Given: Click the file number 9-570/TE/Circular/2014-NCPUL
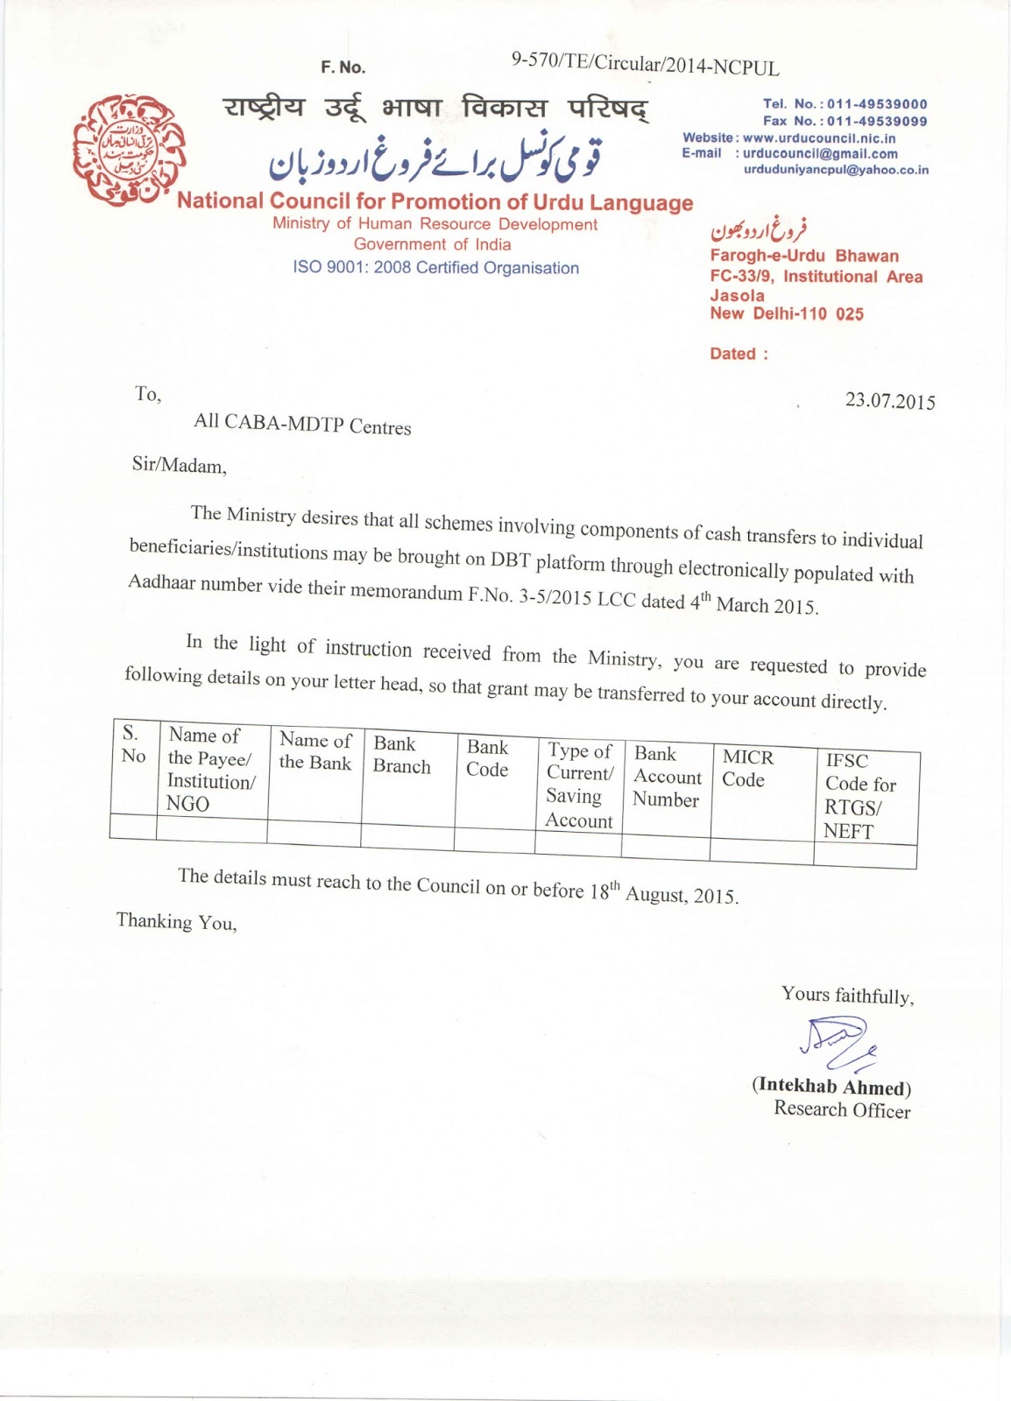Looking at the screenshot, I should coord(645,64).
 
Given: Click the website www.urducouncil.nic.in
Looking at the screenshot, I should coord(818,137).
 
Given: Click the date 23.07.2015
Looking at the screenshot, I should coord(889,401).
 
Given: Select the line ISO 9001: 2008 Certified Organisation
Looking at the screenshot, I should coord(435,268).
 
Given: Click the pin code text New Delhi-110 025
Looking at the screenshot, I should coord(786,313).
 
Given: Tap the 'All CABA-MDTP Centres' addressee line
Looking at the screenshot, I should coord(302,424).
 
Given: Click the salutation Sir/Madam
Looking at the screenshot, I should coord(179,465).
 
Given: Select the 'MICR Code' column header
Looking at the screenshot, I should coord(747,768).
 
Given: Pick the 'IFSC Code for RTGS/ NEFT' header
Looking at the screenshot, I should coord(859,795).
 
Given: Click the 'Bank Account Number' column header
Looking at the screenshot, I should coord(667,776).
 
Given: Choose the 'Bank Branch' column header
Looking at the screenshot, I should coord(401,754).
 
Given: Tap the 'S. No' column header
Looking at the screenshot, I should coord(132,744).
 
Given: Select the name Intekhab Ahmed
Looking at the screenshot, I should coord(831,1087).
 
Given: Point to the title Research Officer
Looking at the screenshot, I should coord(841,1109).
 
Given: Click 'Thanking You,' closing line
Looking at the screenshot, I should coord(176,921).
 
